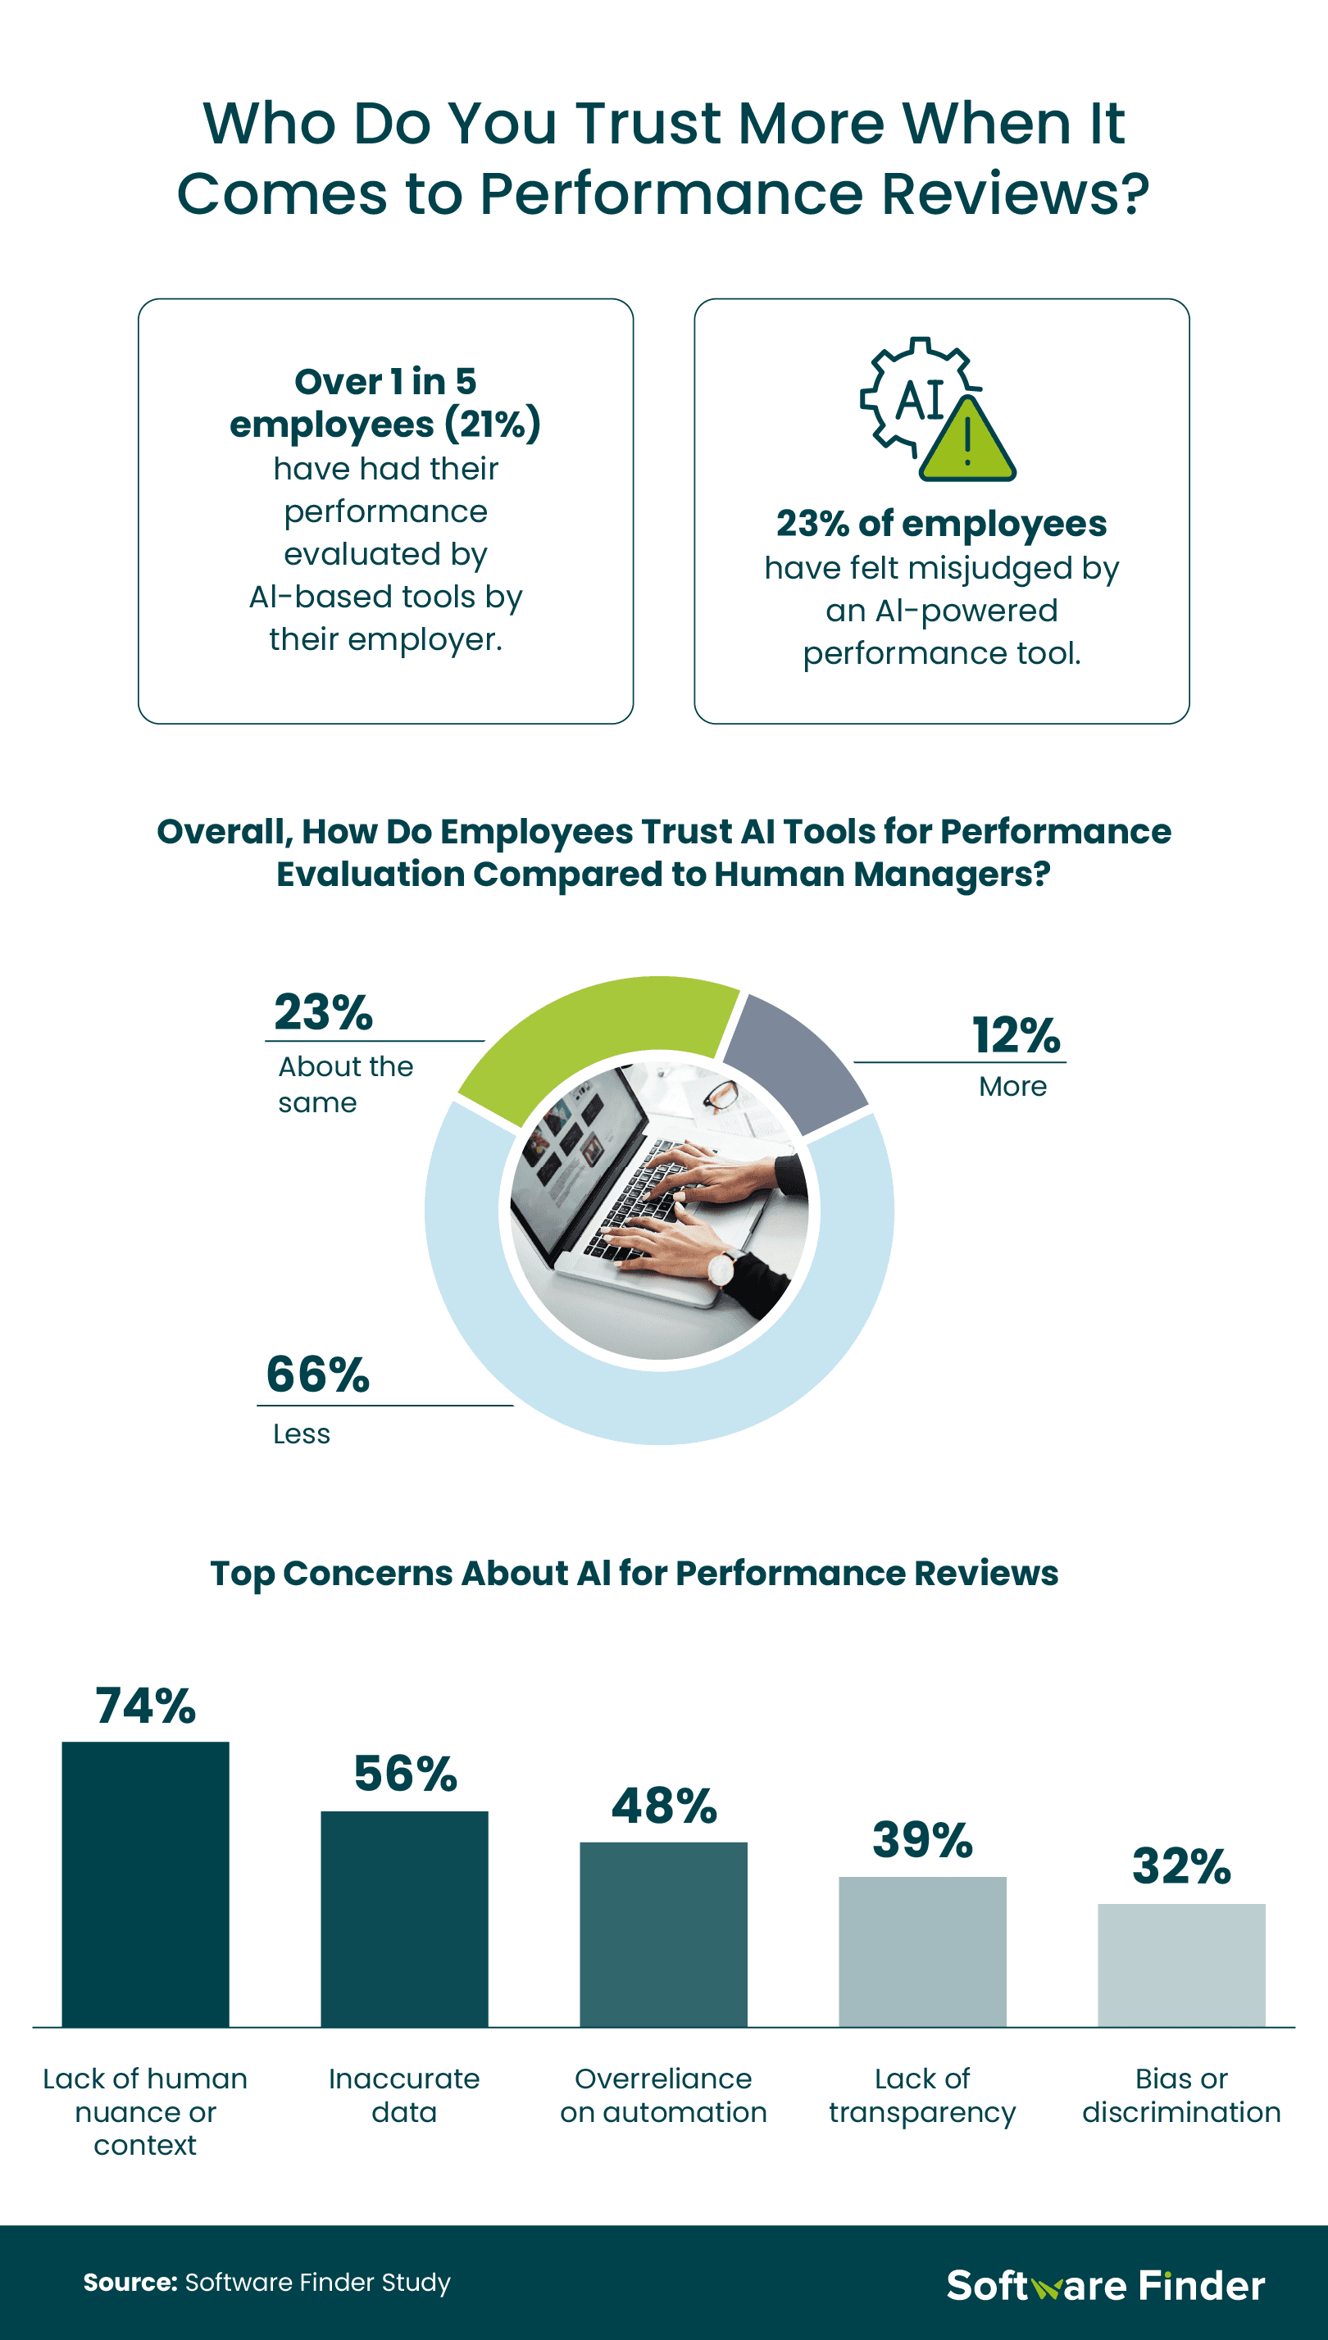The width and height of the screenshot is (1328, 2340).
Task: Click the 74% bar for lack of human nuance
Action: pos(145,1883)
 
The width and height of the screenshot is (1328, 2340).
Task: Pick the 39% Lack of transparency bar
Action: pos(922,1951)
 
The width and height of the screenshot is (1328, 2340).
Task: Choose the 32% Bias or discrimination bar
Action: pos(1181,1965)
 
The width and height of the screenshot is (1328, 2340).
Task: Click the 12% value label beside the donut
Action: pos(1016,1035)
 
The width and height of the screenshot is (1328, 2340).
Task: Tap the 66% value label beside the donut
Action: pos(317,1374)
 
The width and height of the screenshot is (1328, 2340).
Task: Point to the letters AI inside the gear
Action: pos(920,400)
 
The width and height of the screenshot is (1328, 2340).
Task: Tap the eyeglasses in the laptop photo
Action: pos(721,1092)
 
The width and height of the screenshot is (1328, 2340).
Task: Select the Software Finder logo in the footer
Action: pos(1106,2285)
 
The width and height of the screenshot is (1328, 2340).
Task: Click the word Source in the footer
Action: pos(130,2283)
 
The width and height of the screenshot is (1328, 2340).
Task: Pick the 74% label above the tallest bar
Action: pos(145,1706)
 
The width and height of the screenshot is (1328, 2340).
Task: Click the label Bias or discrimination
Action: pos(1181,2095)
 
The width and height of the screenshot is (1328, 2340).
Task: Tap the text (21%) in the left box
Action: pos(493,424)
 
